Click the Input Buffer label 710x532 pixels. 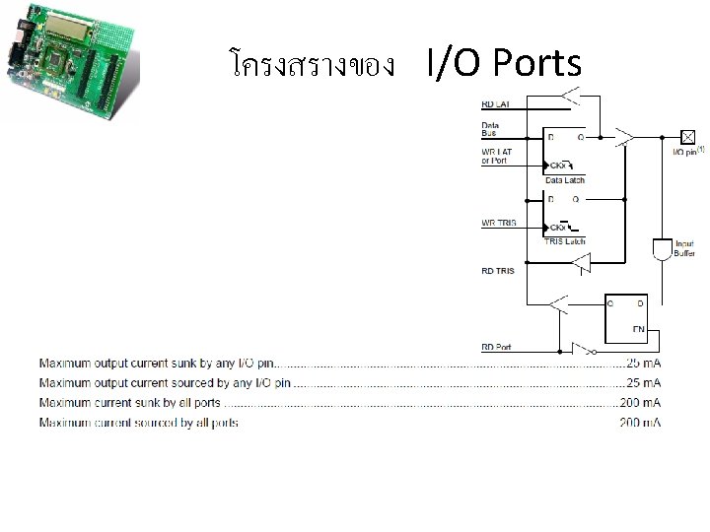[x=684, y=248]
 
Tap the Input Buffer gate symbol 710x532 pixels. [x=661, y=248]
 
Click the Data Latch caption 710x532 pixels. [x=565, y=180]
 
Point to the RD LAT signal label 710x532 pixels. [x=495, y=103]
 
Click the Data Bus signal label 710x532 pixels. [x=490, y=129]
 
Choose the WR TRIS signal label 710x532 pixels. [x=498, y=224]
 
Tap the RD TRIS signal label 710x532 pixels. [x=497, y=270]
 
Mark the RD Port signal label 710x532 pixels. [x=496, y=347]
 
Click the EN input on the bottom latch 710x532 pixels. [x=638, y=328]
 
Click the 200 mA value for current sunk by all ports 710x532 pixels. [x=641, y=403]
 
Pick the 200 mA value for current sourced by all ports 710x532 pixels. [x=641, y=423]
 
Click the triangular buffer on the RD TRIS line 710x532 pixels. [x=582, y=263]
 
